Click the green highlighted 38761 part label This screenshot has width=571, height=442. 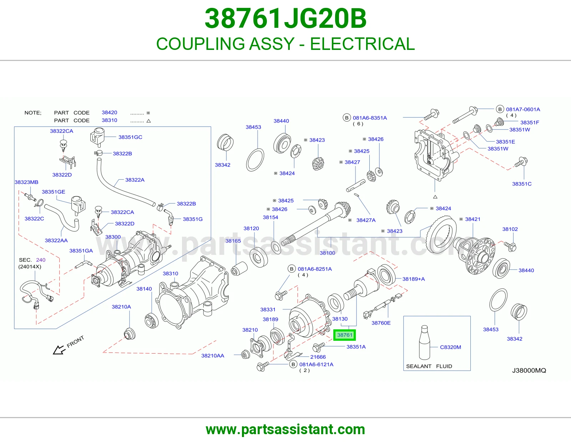[x=344, y=335]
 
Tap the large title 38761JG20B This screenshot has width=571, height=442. [x=285, y=19]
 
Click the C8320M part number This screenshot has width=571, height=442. [x=450, y=347]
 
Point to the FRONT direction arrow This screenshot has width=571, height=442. [x=59, y=350]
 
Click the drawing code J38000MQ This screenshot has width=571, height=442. [x=529, y=370]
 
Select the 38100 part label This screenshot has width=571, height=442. [x=327, y=253]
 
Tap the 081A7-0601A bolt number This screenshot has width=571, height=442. [x=523, y=109]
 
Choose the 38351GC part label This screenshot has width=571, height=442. [x=130, y=137]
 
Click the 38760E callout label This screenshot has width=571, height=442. [x=381, y=323]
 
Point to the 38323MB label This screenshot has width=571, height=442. [x=26, y=182]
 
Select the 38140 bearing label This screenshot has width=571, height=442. [x=144, y=289]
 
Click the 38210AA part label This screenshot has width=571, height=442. [x=213, y=356]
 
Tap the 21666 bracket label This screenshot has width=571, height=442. [x=318, y=357]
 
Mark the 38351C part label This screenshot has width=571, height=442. [x=522, y=184]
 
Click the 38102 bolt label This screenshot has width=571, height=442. [x=510, y=229]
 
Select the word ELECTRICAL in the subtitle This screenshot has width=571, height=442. [x=362, y=44]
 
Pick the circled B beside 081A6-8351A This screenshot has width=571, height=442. [x=347, y=118]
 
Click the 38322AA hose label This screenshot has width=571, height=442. [x=56, y=240]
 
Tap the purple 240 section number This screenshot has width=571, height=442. [x=41, y=260]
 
